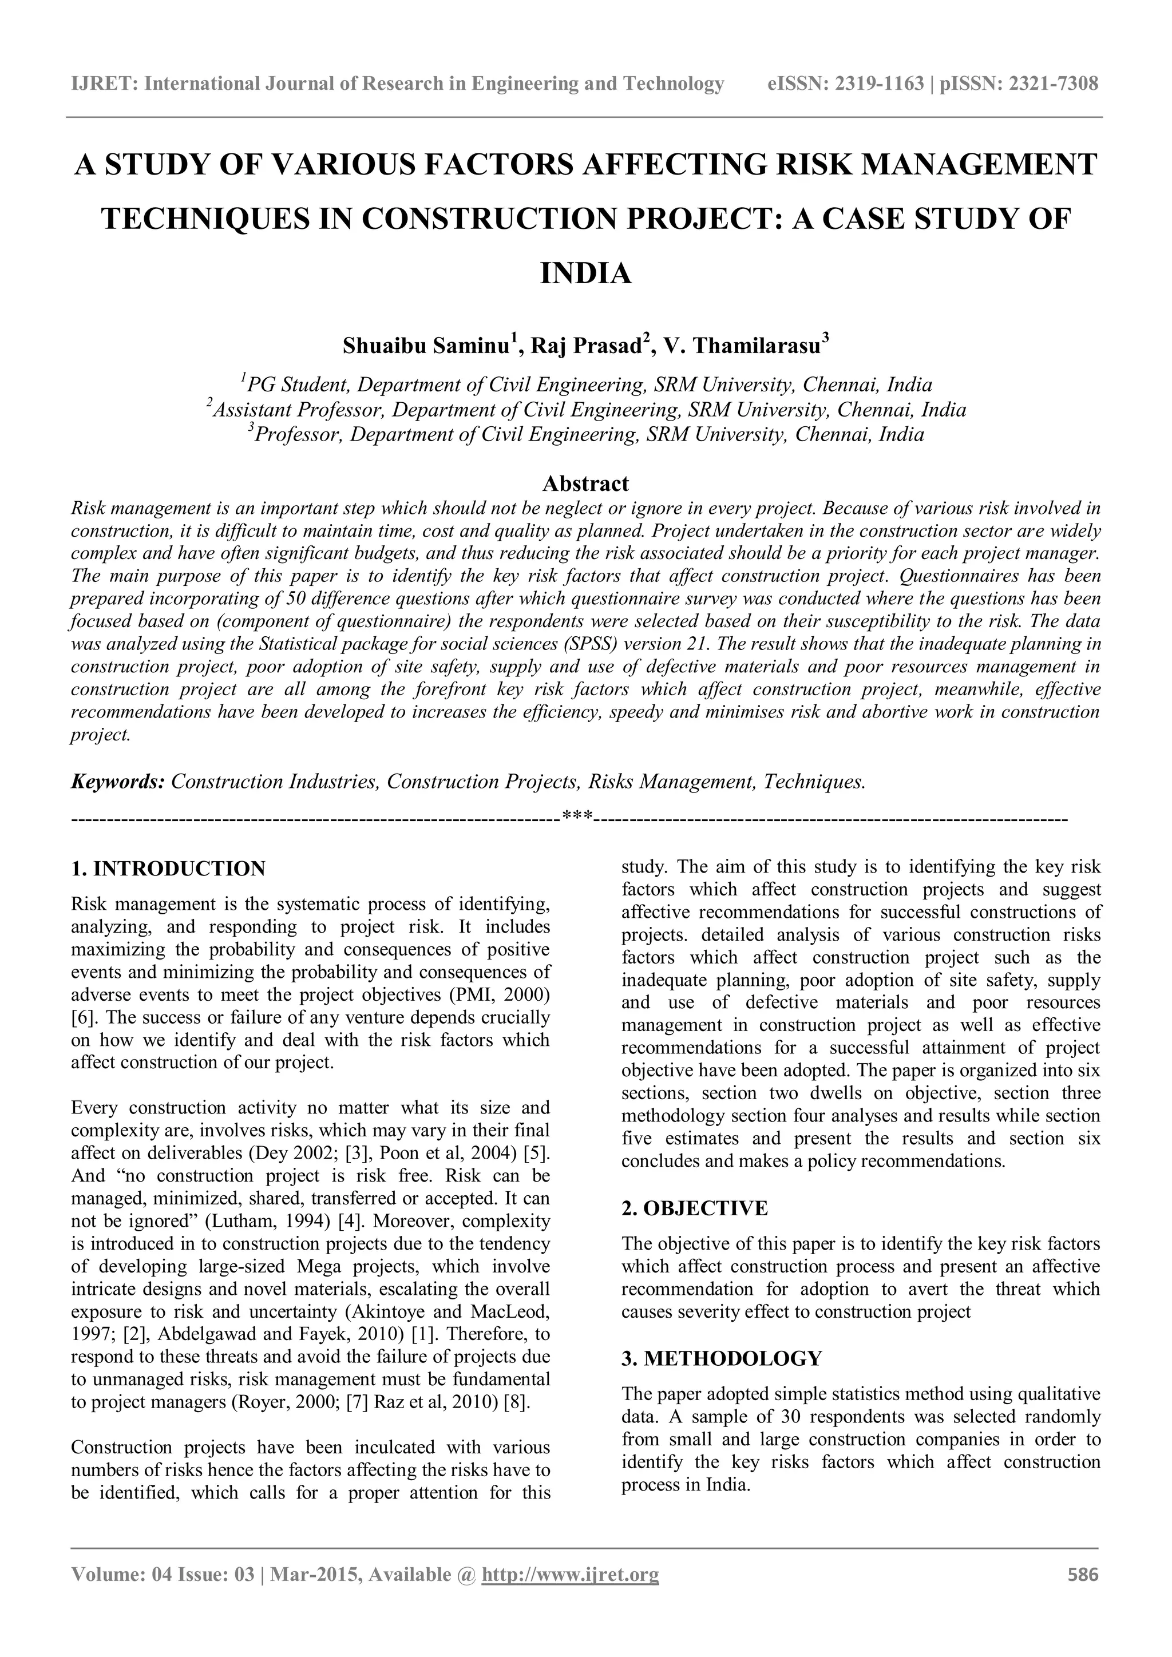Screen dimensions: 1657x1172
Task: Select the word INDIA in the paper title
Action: coord(585,274)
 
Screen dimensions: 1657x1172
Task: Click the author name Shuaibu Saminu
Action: coord(426,346)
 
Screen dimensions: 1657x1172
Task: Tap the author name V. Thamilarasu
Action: coord(742,346)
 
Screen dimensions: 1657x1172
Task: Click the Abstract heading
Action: coord(585,483)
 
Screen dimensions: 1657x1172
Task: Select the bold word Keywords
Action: coord(118,782)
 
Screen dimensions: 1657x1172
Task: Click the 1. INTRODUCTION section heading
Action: coord(168,868)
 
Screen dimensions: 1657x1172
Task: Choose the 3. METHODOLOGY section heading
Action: coord(721,1359)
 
